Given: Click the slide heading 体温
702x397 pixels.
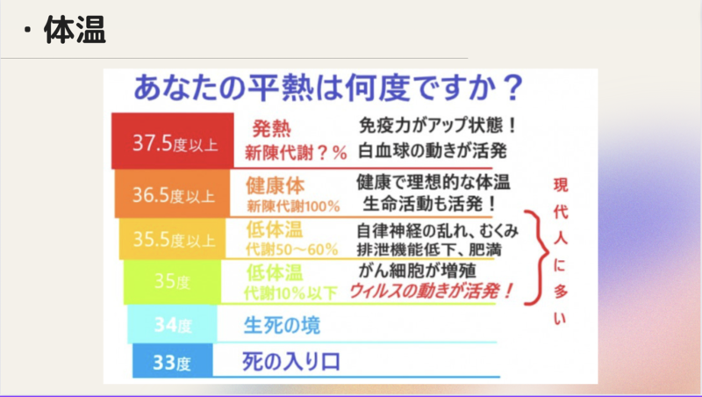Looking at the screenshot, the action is click(75, 30).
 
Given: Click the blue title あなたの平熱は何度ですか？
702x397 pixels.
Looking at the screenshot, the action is click(328, 87).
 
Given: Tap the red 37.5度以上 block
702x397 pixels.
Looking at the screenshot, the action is click(173, 141).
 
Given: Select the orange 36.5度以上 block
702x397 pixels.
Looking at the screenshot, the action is click(172, 193).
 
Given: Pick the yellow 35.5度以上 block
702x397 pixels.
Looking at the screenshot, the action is click(172, 239).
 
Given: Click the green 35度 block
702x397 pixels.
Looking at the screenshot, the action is click(172, 282).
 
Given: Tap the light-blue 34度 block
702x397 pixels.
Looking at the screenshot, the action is click(172, 324).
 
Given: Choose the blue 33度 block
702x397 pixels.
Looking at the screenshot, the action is click(173, 361).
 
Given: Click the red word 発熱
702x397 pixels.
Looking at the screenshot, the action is click(271, 128).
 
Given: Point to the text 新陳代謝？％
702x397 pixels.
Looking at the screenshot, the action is click(296, 153).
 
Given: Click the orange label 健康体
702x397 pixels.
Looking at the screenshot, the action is click(275, 185).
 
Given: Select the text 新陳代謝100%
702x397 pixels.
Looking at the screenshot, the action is click(293, 206).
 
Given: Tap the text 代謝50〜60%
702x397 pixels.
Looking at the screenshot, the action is click(292, 249).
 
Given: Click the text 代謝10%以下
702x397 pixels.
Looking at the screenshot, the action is click(290, 293).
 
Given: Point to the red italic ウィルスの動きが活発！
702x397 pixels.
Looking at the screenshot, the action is click(431, 292).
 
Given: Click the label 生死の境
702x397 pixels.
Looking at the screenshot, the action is click(282, 325).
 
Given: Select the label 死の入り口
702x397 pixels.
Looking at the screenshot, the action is click(291, 362).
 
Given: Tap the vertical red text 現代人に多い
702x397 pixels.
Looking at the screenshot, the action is click(560, 251).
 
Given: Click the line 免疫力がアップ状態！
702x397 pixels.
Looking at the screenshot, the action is click(438, 126).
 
